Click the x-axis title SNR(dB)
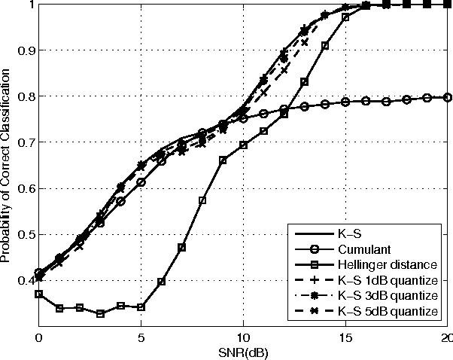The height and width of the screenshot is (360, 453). coord(243,352)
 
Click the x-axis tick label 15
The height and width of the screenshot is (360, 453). coord(345,339)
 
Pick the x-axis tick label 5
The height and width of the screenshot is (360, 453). coord(141,339)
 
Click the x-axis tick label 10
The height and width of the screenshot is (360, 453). coord(243,339)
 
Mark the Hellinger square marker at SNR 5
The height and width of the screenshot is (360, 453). coord(141,307)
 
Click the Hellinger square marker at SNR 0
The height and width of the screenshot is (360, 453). coord(38,294)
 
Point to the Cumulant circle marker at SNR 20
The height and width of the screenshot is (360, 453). coord(448,97)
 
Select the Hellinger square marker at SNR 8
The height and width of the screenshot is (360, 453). coord(202,200)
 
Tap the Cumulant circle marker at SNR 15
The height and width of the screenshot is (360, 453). coord(345,102)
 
